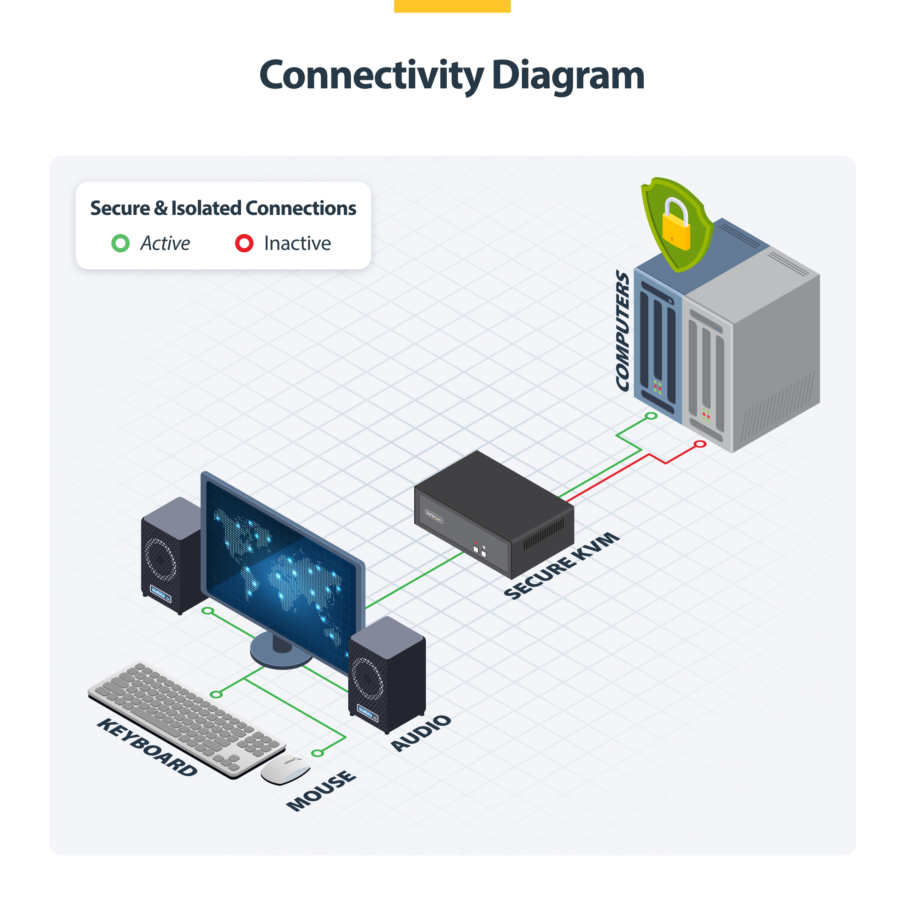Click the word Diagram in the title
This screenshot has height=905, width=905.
[x=568, y=76]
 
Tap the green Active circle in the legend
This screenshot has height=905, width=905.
[x=121, y=243]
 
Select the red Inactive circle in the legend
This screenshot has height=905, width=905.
[x=244, y=243]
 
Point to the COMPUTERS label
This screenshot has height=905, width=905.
[x=623, y=330]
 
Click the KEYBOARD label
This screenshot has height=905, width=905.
[x=147, y=747]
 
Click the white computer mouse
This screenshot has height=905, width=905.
[x=285, y=769]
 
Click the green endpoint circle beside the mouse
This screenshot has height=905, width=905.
[x=317, y=753]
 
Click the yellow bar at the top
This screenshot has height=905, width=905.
[x=452, y=6]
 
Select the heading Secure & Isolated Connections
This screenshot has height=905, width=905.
[x=223, y=208]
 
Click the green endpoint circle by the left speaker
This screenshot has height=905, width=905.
[x=208, y=611]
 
